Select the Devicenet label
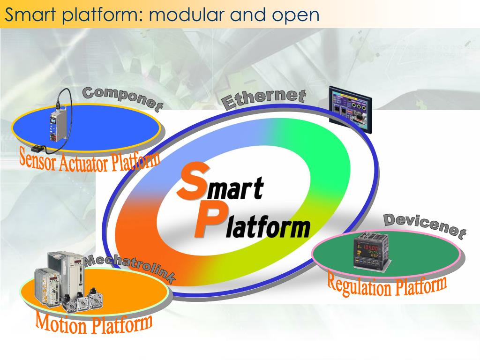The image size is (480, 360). [425, 226]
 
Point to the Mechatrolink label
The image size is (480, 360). [130, 269]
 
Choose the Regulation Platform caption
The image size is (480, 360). [386, 285]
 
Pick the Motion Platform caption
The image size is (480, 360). [94, 322]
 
